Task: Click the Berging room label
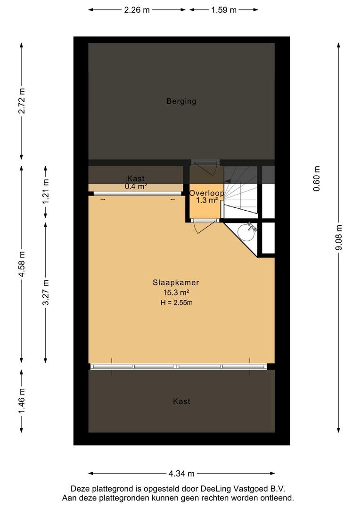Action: tap(181, 101)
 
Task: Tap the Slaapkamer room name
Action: tap(176, 282)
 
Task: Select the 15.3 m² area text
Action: tap(176, 292)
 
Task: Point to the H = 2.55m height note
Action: tap(176, 303)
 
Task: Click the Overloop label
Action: tap(206, 193)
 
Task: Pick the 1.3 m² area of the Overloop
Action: tap(207, 200)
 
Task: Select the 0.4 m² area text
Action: tap(136, 186)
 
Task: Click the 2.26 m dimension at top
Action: tap(137, 10)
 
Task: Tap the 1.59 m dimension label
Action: tap(224, 10)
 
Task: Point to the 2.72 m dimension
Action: tap(21, 101)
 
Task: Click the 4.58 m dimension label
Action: tap(21, 264)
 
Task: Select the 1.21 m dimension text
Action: tap(45, 191)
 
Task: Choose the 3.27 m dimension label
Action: tap(45, 292)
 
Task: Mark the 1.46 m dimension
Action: tap(21, 401)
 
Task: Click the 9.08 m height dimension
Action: tap(339, 238)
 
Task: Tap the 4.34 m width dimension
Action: tap(181, 474)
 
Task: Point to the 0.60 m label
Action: tap(317, 179)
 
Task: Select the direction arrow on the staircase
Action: tap(233, 181)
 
